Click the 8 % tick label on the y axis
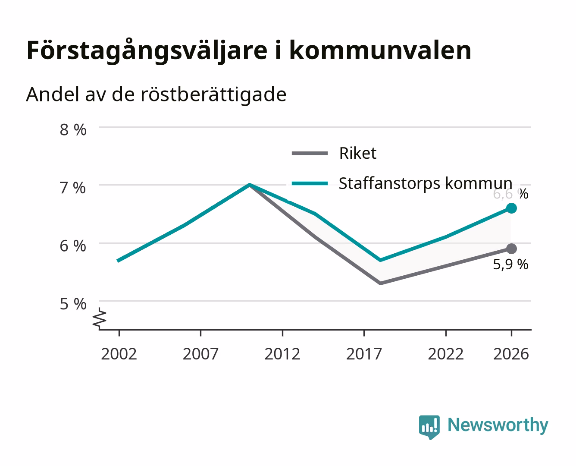tap(73, 130)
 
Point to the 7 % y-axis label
tap(72, 188)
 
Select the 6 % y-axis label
tap(73, 246)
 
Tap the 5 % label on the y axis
tap(73, 304)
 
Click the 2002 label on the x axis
tap(119, 354)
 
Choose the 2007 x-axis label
tap(200, 354)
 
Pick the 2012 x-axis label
tap(282, 354)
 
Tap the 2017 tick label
tap(364, 354)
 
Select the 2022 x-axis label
tap(446, 354)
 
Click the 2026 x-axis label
tap(511, 354)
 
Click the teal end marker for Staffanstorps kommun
tap(511, 208)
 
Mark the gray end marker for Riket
tap(511, 249)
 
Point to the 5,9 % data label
tap(510, 264)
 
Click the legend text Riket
tap(357, 154)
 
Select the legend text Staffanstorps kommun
tap(426, 184)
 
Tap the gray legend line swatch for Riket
tap(310, 154)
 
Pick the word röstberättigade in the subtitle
tap(213, 95)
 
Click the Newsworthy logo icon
tap(429, 427)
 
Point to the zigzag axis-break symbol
tap(100, 318)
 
